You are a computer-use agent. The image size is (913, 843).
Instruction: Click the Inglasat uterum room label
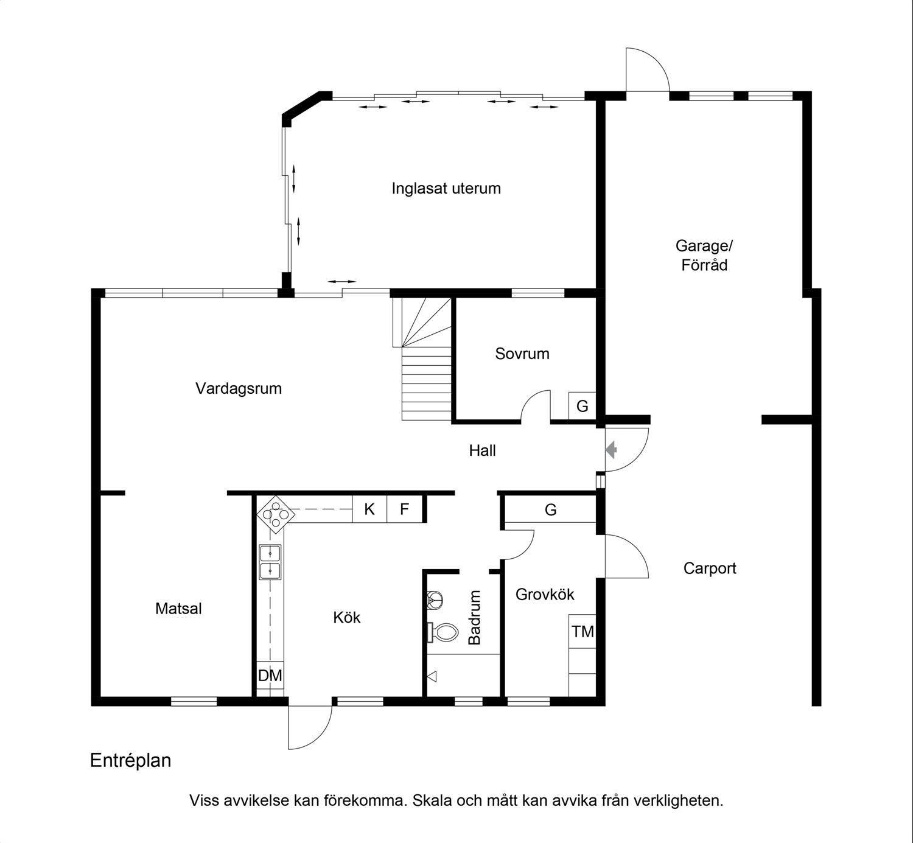[x=446, y=189]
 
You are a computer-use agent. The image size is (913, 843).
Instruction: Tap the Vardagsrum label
[x=238, y=388]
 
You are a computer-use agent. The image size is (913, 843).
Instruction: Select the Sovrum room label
[x=522, y=354]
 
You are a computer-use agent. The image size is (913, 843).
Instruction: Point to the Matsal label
[x=178, y=609]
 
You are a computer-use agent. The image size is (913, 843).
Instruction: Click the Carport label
[x=710, y=568]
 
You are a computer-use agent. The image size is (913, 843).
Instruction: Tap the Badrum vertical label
[x=474, y=617]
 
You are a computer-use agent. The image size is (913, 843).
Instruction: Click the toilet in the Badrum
[x=443, y=632]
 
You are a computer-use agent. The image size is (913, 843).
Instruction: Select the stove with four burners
[x=275, y=514]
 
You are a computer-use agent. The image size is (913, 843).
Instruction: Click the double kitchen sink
[x=270, y=562]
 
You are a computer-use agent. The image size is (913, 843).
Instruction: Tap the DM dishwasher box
[x=270, y=675]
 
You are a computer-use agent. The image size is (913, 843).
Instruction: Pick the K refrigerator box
[x=369, y=509]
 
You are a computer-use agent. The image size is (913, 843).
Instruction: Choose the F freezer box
[x=405, y=509]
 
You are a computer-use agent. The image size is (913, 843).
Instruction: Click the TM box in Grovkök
[x=582, y=631]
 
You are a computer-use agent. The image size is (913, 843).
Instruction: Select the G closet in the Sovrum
[x=582, y=405]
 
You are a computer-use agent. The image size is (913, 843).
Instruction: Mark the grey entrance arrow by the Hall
[x=611, y=449]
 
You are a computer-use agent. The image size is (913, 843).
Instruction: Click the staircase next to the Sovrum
[x=422, y=359]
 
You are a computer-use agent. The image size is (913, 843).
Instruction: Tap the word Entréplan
[x=131, y=760]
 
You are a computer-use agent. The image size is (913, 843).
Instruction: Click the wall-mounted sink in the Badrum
[x=435, y=600]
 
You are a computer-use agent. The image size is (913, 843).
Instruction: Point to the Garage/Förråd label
[x=704, y=255]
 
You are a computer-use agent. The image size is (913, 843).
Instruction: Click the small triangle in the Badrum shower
[x=432, y=676]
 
